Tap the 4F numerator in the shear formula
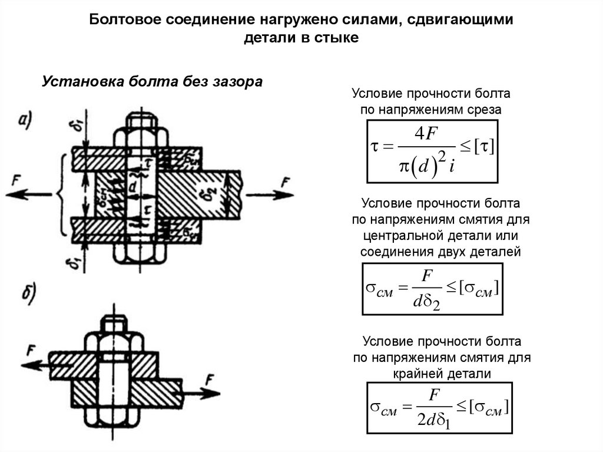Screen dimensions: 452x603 pos(425,134)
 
